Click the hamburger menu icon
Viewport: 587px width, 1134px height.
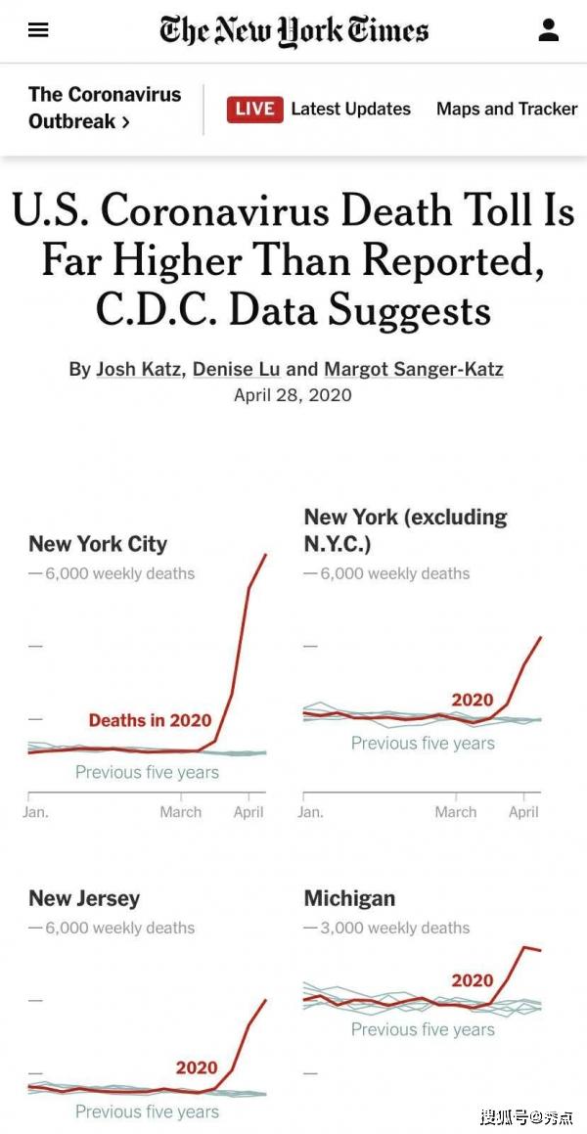38,30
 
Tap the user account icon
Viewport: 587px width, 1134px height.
549,30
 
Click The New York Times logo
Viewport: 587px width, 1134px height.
293,30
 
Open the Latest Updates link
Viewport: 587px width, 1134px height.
350,109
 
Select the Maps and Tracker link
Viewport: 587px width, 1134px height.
507,109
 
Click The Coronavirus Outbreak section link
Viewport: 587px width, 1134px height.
104,108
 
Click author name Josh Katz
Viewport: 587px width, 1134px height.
139,369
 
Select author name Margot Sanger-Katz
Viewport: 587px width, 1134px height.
414,369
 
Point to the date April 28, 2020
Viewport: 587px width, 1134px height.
293,395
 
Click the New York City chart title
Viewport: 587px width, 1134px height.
98,544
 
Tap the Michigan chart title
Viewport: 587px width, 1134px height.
349,898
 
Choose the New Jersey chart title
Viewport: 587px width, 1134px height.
84,898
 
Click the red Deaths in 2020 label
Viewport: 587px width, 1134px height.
150,720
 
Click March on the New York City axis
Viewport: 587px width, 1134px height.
181,812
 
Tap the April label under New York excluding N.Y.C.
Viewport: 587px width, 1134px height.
523,812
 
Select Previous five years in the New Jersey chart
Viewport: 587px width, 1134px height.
147,1111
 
